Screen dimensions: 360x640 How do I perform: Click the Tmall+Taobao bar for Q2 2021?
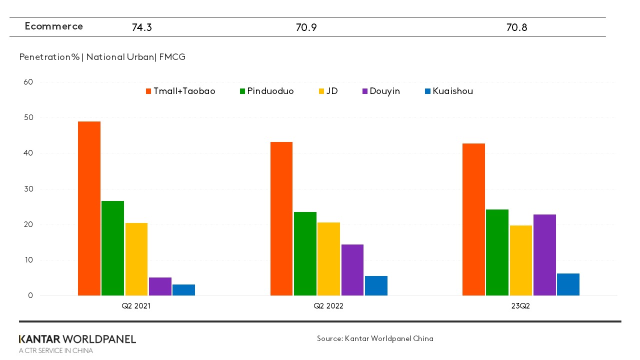[89, 208]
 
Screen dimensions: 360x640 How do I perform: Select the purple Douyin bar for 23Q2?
[544, 255]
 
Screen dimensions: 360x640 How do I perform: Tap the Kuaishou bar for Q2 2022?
[376, 285]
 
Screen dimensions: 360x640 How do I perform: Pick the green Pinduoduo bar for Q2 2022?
[305, 253]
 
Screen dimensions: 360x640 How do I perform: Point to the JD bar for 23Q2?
[520, 260]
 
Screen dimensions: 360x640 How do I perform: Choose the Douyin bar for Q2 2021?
[160, 286]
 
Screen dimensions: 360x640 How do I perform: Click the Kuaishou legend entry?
[448, 91]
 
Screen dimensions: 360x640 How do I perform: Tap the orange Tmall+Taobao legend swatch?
[148, 91]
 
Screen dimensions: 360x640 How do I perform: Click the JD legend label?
[332, 91]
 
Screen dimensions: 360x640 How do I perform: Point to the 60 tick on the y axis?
[28, 82]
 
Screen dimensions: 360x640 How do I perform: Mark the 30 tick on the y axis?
[28, 189]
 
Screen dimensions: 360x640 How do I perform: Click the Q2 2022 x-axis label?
[328, 306]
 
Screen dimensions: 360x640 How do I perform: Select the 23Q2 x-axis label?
[520, 306]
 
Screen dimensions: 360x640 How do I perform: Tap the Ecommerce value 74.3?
[141, 27]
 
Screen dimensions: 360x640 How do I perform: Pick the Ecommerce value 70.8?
[516, 27]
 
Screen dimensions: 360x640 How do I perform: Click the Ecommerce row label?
[53, 26]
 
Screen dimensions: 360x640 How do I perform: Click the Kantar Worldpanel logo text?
[77, 339]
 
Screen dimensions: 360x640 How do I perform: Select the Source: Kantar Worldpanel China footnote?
[375, 338]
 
